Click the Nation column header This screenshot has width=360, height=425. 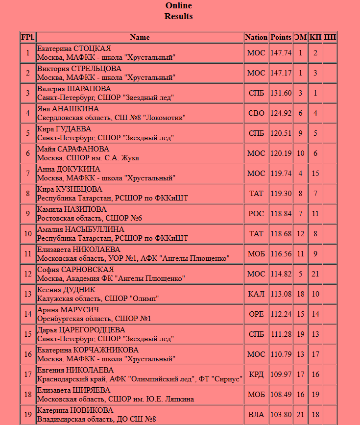pyautogui.click(x=256, y=37)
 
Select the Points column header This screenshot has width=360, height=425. pyautogui.click(x=281, y=37)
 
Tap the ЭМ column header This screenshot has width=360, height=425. pyautogui.click(x=300, y=37)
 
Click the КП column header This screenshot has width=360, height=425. pyautogui.click(x=315, y=37)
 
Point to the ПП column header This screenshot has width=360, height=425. pyautogui.click(x=330, y=37)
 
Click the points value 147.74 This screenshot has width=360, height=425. pyautogui.click(x=281, y=53)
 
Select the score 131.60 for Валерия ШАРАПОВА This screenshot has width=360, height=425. pyautogui.click(x=281, y=93)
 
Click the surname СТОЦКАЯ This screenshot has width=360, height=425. pyautogui.click(x=92, y=49)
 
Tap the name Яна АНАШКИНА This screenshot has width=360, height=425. pyautogui.click(x=68, y=109)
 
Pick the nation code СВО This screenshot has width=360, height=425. pyautogui.click(x=256, y=113)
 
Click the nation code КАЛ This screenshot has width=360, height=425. pyautogui.click(x=256, y=294)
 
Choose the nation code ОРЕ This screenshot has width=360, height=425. pyautogui.click(x=256, y=314)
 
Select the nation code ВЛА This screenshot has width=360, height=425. pyautogui.click(x=256, y=415)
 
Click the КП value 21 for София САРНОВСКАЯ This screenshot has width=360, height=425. pyautogui.click(x=315, y=274)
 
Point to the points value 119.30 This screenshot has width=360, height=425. pyautogui.click(x=281, y=194)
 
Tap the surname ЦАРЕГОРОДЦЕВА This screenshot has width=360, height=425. pyautogui.click(x=92, y=330)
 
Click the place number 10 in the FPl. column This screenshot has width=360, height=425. pyautogui.click(x=28, y=234)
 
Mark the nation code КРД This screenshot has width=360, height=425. pyautogui.click(x=256, y=375)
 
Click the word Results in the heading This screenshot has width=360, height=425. pyautogui.click(x=179, y=17)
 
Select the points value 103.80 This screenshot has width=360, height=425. pyautogui.click(x=281, y=415)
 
